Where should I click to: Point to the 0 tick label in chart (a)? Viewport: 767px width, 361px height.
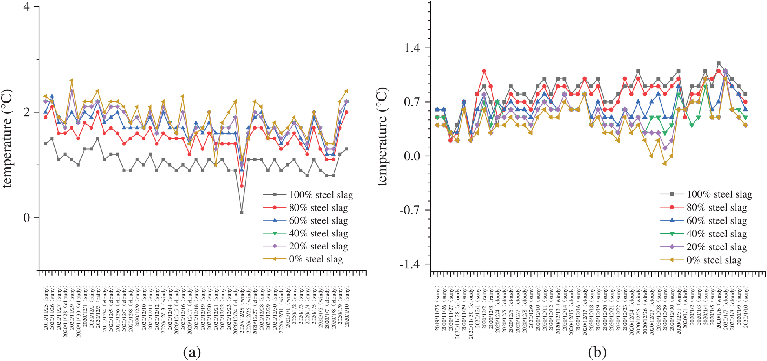[x=27, y=218]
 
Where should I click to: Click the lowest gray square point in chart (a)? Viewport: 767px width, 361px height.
[x=242, y=212]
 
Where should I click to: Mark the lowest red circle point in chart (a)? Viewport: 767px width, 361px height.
[x=242, y=186]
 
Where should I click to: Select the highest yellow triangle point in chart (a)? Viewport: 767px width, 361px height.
[x=72, y=81]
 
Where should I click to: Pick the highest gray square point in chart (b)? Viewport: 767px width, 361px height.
[x=718, y=63]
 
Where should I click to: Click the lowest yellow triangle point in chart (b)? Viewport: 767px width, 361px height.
[x=664, y=164]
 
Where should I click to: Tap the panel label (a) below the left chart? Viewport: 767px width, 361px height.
[x=192, y=352]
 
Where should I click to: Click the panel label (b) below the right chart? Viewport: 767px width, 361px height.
[x=597, y=352]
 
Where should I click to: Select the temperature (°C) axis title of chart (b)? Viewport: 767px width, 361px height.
[x=382, y=136]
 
